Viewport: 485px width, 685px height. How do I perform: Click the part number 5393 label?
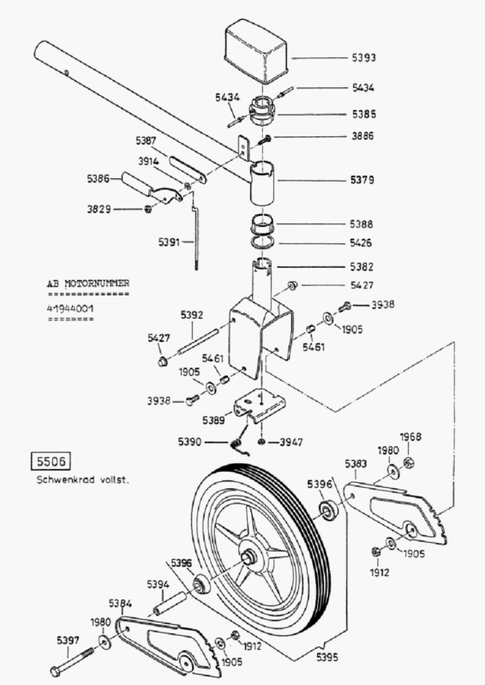click(363, 57)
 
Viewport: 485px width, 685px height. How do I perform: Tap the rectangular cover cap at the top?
click(255, 51)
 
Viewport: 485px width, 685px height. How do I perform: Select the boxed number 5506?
click(51, 462)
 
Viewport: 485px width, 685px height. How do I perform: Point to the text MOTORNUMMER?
click(97, 283)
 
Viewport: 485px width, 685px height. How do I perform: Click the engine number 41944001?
click(70, 308)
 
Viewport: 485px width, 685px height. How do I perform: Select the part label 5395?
click(326, 657)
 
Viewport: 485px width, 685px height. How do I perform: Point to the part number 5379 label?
click(362, 180)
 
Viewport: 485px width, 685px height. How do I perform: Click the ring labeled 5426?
click(263, 241)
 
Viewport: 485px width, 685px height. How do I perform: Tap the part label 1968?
click(410, 437)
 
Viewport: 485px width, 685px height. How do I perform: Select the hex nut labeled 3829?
click(148, 209)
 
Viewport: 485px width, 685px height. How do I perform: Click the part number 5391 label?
click(169, 241)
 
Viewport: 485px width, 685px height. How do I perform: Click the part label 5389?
click(213, 420)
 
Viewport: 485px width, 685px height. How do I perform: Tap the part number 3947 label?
click(291, 442)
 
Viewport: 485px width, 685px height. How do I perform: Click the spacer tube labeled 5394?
click(170, 603)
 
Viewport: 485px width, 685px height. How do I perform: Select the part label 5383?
click(356, 463)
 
